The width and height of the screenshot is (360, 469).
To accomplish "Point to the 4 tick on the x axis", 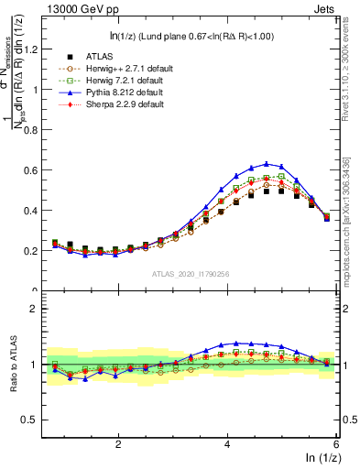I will tap(227, 443).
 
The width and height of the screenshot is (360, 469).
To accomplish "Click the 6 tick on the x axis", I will tap(336, 443).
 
